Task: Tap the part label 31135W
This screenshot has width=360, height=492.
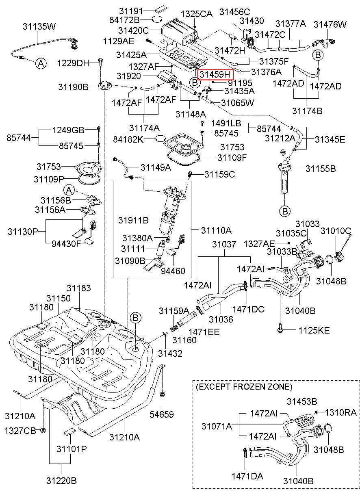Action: click(39, 26)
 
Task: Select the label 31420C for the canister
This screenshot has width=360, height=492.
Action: click(134, 30)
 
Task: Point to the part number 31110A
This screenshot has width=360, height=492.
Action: click(216, 230)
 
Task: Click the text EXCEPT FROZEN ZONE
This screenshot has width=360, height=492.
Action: click(244, 386)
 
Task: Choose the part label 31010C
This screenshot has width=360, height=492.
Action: click(336, 231)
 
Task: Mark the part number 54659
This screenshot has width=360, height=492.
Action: click(162, 414)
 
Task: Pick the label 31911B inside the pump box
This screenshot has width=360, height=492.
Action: click(134, 220)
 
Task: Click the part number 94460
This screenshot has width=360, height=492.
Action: click(173, 271)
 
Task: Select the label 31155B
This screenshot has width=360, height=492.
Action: click(321, 169)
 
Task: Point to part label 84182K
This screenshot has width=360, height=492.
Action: click(128, 139)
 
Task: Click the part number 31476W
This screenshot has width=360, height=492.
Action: click(330, 24)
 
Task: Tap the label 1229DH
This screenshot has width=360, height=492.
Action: click(73, 63)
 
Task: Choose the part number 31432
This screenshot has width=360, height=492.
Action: click(170, 353)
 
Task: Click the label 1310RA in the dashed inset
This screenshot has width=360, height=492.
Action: click(341, 412)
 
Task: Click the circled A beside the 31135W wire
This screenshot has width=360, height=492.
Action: click(41, 63)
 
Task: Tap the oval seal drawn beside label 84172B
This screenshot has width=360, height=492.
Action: click(157, 20)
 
